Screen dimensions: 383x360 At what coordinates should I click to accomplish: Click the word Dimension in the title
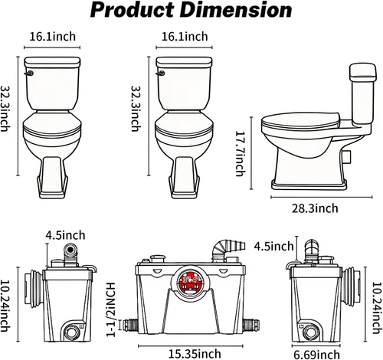point(237,10)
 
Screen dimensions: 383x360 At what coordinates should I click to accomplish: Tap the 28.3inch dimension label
point(315,208)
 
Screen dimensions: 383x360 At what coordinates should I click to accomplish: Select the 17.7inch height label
point(240,154)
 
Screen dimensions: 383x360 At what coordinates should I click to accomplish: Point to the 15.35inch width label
point(195,354)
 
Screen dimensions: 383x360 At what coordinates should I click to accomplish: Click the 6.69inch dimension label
point(316,355)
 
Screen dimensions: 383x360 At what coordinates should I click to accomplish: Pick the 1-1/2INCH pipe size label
point(111,309)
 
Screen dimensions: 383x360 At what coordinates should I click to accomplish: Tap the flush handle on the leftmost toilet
point(29,74)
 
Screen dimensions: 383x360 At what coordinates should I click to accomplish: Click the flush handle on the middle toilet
point(160,74)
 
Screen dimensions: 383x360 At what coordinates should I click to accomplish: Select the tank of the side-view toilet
point(362,94)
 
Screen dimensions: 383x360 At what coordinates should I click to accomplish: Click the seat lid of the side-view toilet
point(300,119)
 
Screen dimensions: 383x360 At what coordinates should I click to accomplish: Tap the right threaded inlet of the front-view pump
point(251,325)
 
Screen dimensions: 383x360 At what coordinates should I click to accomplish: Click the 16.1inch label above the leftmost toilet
point(53,37)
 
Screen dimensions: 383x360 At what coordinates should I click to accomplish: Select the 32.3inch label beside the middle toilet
point(136,109)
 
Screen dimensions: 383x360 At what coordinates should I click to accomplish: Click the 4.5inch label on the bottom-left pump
point(66,235)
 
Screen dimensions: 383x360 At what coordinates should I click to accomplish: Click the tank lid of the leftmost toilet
point(52,62)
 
